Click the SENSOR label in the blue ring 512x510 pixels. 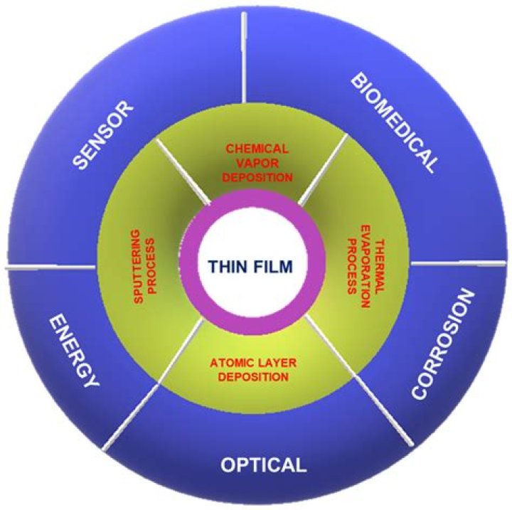104,136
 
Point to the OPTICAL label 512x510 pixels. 263,466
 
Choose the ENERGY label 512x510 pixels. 73,352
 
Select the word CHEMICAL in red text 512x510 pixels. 257,149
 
